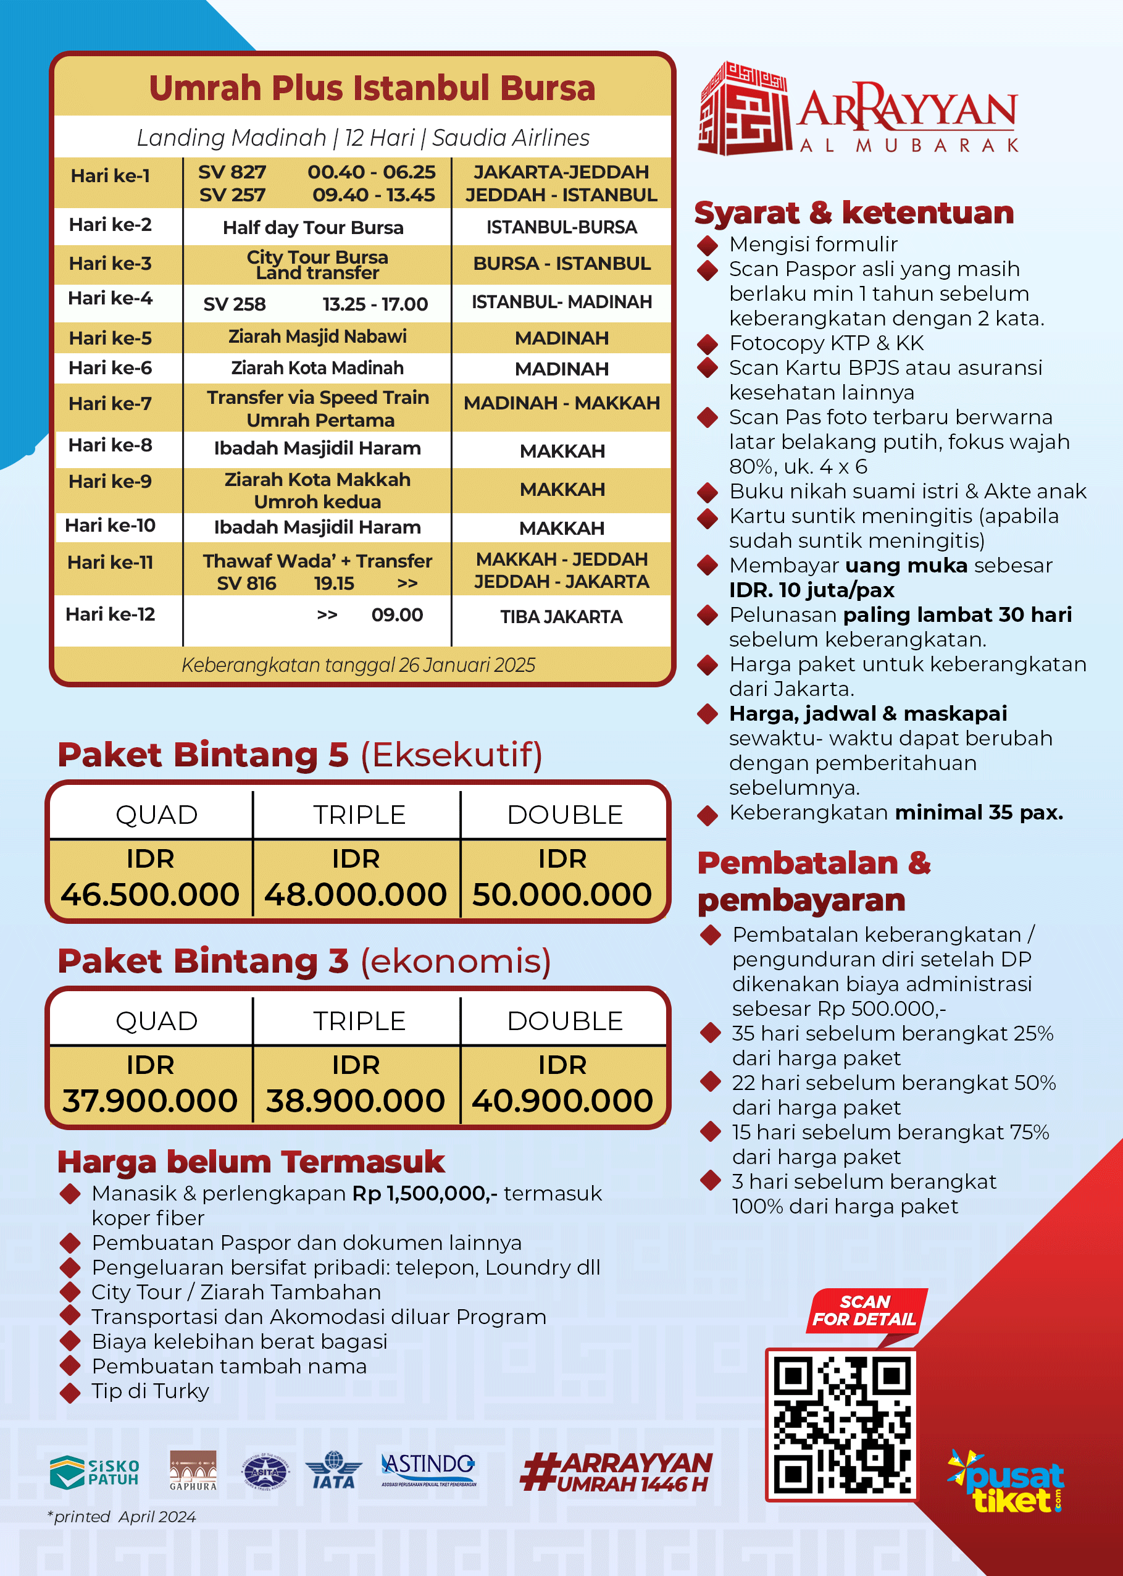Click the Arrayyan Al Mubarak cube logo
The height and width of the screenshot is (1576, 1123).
(x=744, y=108)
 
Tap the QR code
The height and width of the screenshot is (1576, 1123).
(x=841, y=1426)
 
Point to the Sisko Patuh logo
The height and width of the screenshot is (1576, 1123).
(x=94, y=1472)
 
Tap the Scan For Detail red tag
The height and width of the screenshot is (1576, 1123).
(x=864, y=1310)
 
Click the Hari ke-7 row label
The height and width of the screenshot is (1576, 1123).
(x=111, y=403)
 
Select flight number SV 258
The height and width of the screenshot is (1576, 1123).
(x=235, y=304)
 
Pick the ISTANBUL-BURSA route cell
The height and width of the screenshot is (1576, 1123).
(x=562, y=227)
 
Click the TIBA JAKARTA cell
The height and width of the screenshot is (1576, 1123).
(x=562, y=616)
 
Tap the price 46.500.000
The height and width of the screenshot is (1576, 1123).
(x=150, y=894)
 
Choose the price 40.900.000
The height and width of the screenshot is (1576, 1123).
(x=562, y=1100)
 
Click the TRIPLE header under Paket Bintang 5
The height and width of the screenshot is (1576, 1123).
(x=359, y=815)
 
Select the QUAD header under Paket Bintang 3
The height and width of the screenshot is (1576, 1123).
(x=156, y=1021)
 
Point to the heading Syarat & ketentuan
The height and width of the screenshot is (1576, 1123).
(x=853, y=212)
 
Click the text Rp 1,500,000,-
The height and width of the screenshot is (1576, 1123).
(x=425, y=1193)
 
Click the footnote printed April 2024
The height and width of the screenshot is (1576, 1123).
(x=122, y=1517)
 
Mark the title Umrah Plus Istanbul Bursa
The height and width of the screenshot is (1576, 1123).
(x=372, y=88)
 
